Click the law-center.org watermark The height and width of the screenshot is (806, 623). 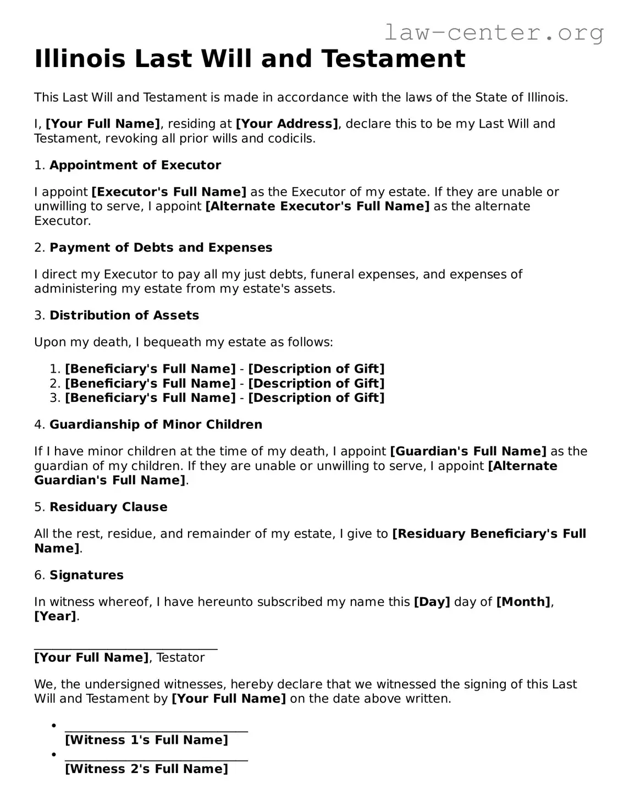(x=493, y=32)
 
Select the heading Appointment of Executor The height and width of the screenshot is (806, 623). (x=135, y=165)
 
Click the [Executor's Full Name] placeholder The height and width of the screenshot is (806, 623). (x=169, y=192)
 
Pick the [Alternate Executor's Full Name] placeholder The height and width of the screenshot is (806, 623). (x=317, y=206)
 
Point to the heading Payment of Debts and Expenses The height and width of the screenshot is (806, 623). (x=161, y=247)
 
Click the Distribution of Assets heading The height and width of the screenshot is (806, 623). (x=124, y=315)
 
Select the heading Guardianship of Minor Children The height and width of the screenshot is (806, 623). (x=156, y=424)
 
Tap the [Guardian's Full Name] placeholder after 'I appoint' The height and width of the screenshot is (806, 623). (x=468, y=451)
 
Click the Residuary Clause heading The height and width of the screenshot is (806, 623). (x=108, y=507)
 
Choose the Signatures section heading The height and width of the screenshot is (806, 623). (x=86, y=575)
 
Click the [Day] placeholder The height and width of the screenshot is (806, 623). (x=432, y=602)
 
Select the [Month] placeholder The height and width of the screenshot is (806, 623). (x=523, y=602)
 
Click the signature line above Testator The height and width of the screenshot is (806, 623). (x=126, y=649)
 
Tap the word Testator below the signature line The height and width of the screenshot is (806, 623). (x=180, y=658)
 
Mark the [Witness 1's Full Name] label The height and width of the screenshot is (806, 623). (x=146, y=740)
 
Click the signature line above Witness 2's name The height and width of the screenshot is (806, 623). (x=156, y=760)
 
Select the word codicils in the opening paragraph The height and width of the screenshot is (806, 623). (x=292, y=138)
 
